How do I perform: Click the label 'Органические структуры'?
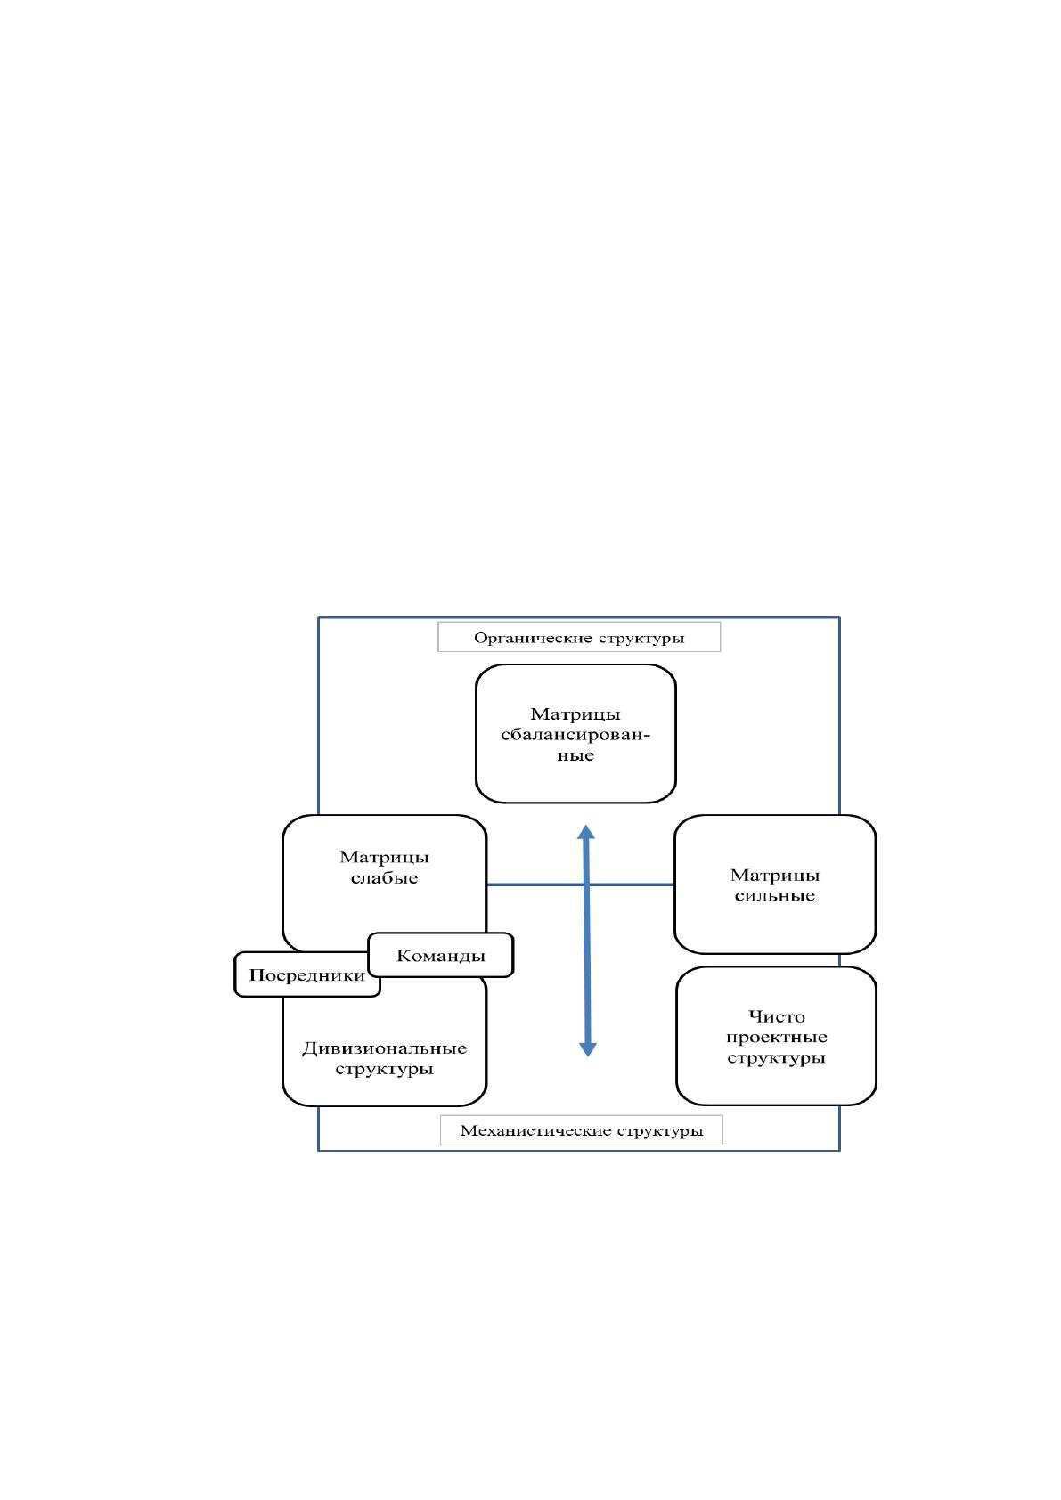click(x=579, y=638)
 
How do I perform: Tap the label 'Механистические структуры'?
click(x=582, y=1130)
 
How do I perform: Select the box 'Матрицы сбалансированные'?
click(x=575, y=733)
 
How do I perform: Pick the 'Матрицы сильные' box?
click(x=775, y=884)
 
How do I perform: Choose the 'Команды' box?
click(x=441, y=955)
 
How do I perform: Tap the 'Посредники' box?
click(x=306, y=975)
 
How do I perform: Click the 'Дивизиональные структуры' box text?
click(x=384, y=1058)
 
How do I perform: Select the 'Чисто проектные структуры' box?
click(x=776, y=1036)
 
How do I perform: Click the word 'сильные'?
click(x=775, y=896)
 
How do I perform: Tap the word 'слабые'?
click(x=385, y=878)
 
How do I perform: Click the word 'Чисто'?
click(x=776, y=1016)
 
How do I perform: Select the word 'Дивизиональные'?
click(x=385, y=1048)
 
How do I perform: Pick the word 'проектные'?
click(x=777, y=1038)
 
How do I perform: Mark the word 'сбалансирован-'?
click(x=575, y=735)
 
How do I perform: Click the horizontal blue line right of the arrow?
click(x=632, y=885)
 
